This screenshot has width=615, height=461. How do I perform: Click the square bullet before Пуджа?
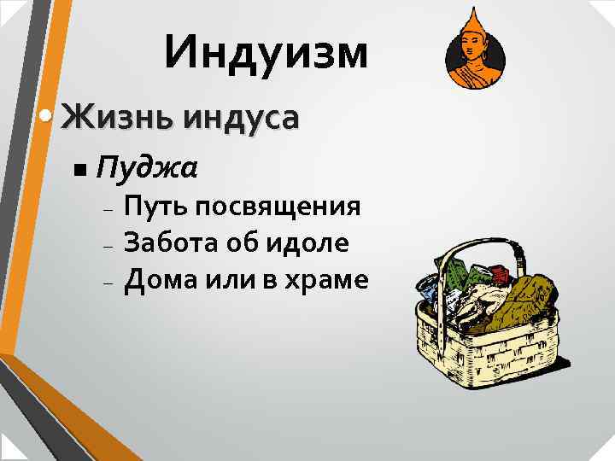(79, 169)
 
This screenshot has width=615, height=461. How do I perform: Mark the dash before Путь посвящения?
(108, 209)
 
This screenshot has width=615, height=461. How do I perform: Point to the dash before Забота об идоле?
(108, 245)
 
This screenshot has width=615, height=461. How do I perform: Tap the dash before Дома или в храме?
(108, 281)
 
